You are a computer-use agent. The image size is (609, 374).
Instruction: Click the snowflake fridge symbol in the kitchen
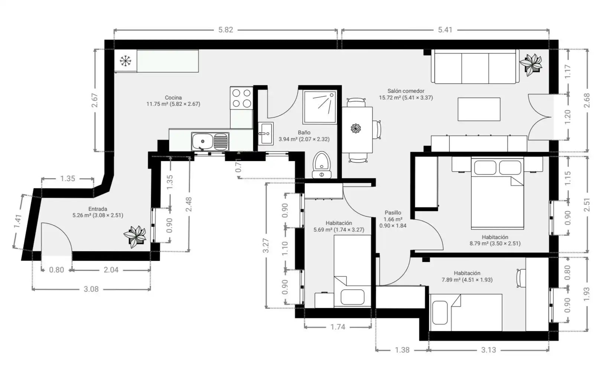(x=126, y=61)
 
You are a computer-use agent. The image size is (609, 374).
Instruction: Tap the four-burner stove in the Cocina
(x=241, y=98)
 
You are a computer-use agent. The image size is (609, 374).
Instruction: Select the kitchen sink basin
(x=202, y=141)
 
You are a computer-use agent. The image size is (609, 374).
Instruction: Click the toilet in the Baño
(x=322, y=165)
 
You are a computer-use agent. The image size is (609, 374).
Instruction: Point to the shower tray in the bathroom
(x=320, y=107)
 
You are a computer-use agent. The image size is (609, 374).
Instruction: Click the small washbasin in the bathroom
(x=266, y=133)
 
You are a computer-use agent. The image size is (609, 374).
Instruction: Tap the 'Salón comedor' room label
(x=406, y=91)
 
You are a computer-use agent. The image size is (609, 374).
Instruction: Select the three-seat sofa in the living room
(x=475, y=66)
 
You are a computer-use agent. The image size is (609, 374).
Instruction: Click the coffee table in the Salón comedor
(x=479, y=109)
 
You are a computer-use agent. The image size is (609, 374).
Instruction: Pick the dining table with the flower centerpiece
(x=357, y=130)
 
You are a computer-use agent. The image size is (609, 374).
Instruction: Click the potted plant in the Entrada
(x=135, y=236)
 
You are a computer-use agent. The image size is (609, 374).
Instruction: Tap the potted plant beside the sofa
(x=531, y=65)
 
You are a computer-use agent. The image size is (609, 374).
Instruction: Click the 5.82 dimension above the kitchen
(x=226, y=30)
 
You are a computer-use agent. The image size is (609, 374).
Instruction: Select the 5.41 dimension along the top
(x=445, y=30)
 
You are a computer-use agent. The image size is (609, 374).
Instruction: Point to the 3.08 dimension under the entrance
(x=91, y=289)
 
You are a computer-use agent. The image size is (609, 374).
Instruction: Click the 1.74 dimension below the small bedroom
(x=338, y=327)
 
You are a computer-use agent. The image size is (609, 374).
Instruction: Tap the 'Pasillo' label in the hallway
(x=393, y=213)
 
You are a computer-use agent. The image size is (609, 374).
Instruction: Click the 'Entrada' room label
(x=98, y=209)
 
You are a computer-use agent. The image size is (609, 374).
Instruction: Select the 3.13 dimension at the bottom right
(x=489, y=350)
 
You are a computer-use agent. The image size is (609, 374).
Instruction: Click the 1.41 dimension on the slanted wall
(x=18, y=222)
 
